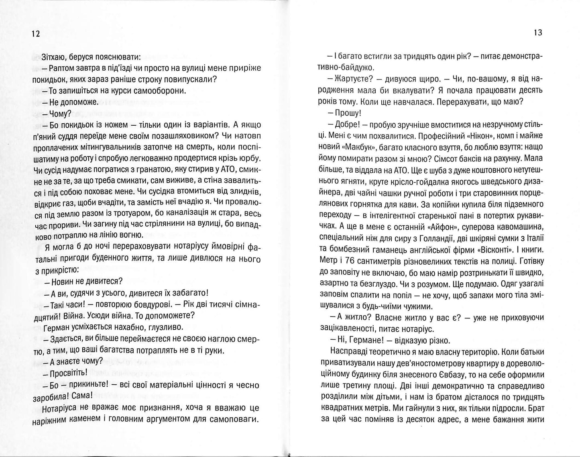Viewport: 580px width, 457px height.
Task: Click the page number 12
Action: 35,34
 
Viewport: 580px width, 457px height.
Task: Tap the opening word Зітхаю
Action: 53,57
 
